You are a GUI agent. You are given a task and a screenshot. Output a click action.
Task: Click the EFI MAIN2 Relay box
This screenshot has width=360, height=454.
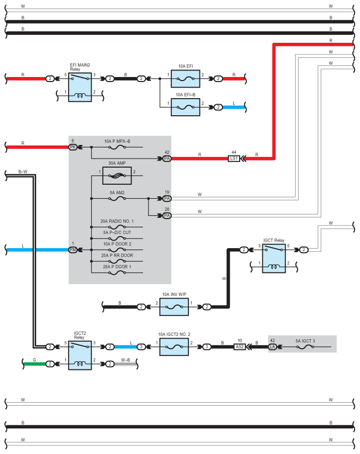click(x=80, y=87)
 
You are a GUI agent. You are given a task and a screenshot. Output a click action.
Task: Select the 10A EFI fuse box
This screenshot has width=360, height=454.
click(x=185, y=79)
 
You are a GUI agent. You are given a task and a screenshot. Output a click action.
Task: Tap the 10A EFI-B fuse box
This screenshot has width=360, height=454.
click(x=185, y=107)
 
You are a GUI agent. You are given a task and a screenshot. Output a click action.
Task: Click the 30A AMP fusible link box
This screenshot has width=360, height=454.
click(x=117, y=176)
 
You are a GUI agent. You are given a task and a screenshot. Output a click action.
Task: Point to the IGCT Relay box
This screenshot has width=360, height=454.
click(x=274, y=258)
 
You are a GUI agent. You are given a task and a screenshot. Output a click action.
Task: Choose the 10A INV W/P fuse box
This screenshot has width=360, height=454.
click(x=174, y=307)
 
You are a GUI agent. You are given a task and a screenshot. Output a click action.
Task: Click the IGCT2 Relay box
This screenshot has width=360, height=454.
click(x=80, y=355)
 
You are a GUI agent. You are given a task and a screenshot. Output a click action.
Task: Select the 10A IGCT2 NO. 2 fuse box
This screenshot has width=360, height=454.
click(x=174, y=347)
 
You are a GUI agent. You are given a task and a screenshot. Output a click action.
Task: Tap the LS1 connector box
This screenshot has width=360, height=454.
click(x=234, y=159)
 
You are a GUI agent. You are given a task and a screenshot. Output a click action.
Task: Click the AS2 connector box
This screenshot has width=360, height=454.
click(x=240, y=347)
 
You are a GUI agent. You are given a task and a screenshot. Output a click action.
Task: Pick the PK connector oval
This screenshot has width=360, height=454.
click(x=73, y=147)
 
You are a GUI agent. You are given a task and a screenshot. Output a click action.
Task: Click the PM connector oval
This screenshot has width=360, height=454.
click(x=73, y=250)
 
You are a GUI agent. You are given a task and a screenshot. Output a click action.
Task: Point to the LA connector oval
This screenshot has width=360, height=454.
click(x=272, y=347)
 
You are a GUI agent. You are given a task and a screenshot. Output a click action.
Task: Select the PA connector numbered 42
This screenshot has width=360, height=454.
click(x=167, y=159)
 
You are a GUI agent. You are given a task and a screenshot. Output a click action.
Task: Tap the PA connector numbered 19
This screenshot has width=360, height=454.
click(x=167, y=199)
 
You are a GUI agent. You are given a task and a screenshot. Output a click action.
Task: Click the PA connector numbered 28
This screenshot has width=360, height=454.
click(x=167, y=216)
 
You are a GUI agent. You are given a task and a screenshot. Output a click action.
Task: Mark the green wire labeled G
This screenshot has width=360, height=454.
click(x=35, y=364)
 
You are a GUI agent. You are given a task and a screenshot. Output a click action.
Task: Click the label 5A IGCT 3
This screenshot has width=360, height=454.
click(x=305, y=341)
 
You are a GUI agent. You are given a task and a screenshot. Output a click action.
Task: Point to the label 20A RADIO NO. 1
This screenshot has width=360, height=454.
click(x=117, y=221)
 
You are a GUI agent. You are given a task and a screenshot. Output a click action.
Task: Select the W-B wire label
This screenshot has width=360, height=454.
click(x=125, y=360)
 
